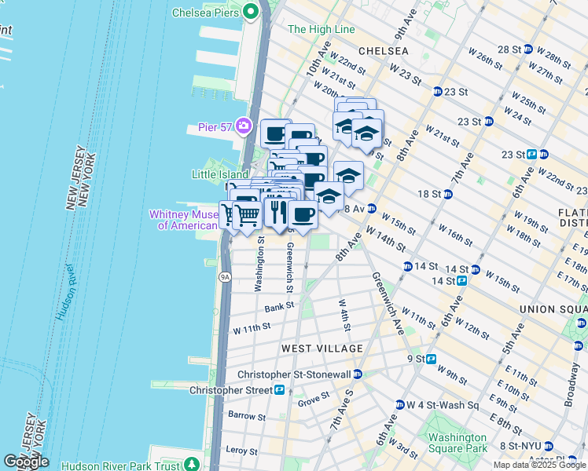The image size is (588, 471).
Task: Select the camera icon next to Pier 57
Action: [244, 126]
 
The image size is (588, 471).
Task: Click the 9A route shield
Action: [226, 276]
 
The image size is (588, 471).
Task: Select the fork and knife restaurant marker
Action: [277, 211]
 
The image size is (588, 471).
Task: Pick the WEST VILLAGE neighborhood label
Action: [322, 348]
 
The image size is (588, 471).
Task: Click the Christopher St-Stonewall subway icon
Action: [358, 374]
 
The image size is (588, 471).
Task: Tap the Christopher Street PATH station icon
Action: [279, 389]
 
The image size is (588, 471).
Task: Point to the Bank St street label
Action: [278, 306]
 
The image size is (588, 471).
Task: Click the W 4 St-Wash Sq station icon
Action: [399, 405]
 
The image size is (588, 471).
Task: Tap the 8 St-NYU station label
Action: [525, 446]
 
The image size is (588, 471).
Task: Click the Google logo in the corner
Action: [26, 462]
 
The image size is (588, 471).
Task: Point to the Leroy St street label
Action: [242, 451]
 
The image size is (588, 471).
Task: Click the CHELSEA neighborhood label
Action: [383, 50]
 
